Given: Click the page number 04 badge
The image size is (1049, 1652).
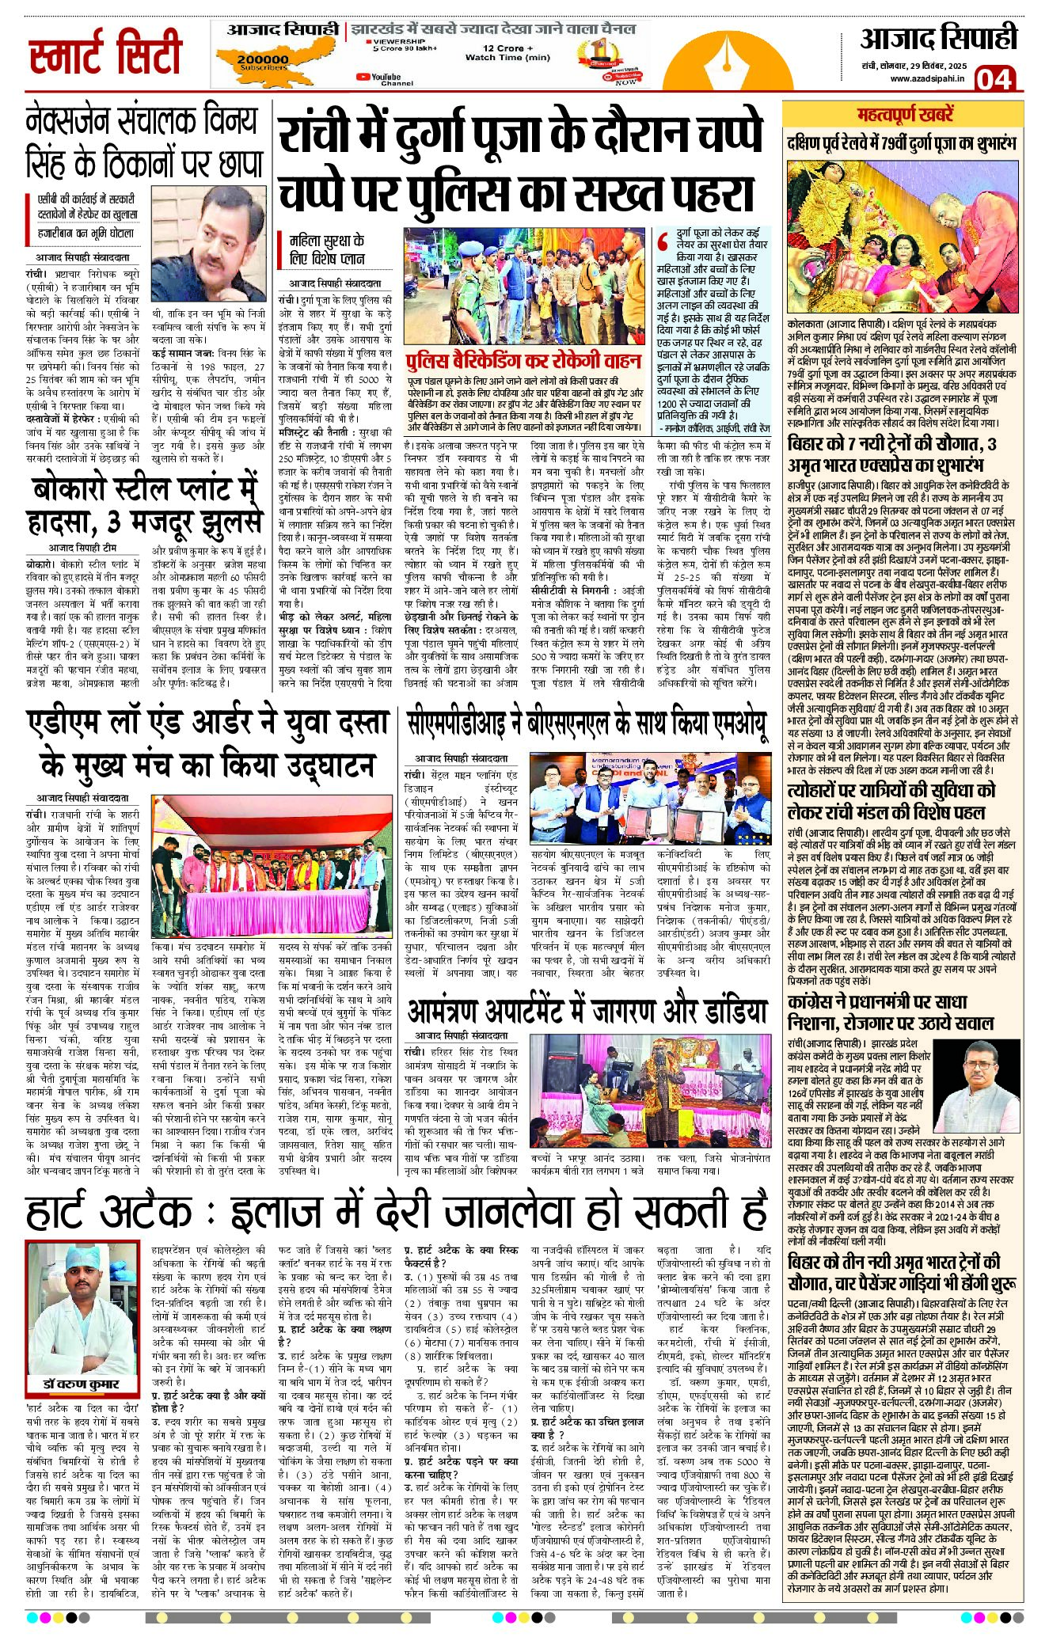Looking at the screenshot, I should click(x=994, y=79).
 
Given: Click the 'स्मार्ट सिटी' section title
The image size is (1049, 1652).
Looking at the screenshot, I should click(x=105, y=52).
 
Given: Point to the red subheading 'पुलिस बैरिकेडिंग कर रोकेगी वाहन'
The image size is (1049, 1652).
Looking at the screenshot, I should click(x=523, y=361).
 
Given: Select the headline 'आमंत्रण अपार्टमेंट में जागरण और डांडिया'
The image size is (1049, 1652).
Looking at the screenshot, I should click(x=587, y=1012).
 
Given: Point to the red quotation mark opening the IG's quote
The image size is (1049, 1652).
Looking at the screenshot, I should click(x=663, y=241).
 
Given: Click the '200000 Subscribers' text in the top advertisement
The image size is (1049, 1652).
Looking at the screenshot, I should click(x=263, y=62).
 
